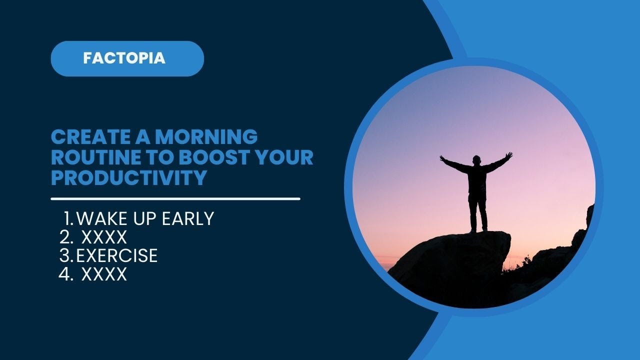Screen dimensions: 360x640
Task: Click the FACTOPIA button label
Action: (x=124, y=58)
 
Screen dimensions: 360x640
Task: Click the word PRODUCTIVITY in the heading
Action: (x=129, y=178)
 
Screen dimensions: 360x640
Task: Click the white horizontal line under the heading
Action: (x=175, y=198)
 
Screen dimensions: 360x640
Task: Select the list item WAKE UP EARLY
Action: (x=145, y=218)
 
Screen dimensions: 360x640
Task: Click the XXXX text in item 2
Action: (x=104, y=237)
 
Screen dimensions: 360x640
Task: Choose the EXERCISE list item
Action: (x=117, y=255)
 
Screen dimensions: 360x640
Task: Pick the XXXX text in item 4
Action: (x=104, y=274)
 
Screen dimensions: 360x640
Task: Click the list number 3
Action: (x=65, y=255)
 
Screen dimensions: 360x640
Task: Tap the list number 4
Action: (x=65, y=274)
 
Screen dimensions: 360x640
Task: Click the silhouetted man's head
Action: (x=477, y=160)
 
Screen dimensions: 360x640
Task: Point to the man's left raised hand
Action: (x=509, y=155)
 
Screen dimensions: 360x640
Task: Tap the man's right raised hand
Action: (x=442, y=158)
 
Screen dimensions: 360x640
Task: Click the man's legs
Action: (x=477, y=212)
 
